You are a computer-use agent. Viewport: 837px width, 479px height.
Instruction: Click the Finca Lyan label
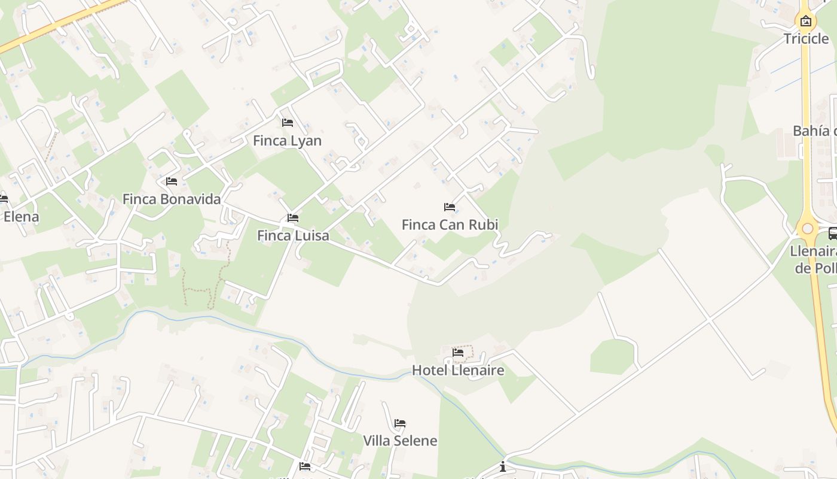287,141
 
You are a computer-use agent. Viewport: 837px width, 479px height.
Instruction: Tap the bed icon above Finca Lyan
288,123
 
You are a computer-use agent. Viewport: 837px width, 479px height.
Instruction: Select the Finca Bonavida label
172,199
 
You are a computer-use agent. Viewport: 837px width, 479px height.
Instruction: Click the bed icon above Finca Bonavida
172,181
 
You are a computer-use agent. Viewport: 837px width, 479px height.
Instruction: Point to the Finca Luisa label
293,235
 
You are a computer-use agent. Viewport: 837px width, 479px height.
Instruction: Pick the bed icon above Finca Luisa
293,218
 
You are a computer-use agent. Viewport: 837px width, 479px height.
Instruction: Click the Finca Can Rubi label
450,225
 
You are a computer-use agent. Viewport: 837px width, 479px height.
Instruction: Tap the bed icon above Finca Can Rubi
450,207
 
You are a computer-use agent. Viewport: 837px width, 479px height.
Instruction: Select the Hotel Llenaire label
458,370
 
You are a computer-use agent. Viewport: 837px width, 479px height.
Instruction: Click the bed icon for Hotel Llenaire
458,353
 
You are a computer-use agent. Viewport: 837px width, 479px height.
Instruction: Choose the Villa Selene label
400,441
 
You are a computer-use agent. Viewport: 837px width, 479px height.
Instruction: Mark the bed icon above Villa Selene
400,423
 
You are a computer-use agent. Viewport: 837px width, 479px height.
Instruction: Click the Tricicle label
806,39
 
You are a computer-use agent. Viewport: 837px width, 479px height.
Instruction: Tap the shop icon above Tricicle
806,22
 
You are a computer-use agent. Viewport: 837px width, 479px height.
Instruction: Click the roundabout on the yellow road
808,228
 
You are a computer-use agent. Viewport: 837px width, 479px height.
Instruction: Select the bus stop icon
833,234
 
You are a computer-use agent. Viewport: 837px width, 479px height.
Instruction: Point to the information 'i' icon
503,466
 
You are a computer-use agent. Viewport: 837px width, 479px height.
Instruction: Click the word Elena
21,217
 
